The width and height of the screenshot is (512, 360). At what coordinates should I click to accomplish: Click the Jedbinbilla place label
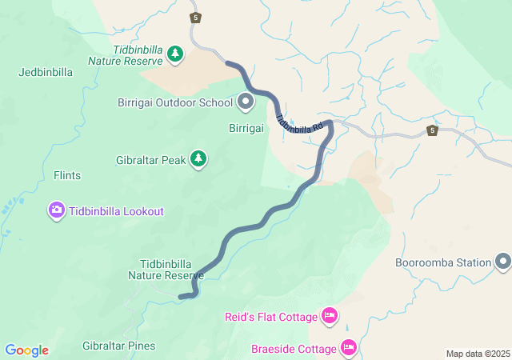[x=46, y=72]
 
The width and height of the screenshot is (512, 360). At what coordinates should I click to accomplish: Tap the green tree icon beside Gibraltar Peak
[x=198, y=160]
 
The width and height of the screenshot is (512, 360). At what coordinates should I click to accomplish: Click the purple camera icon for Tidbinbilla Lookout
[x=57, y=211]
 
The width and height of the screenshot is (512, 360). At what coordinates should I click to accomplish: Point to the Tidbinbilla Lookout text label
[x=116, y=211]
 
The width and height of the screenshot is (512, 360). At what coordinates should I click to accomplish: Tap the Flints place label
[x=67, y=174]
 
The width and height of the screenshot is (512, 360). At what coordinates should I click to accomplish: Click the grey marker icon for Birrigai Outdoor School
[x=246, y=102]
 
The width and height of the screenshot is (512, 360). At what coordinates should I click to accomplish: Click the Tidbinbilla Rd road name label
[x=299, y=123]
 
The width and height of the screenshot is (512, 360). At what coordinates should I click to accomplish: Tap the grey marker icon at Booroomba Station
[x=502, y=262]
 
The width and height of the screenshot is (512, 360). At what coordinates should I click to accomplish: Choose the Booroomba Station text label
[x=442, y=262]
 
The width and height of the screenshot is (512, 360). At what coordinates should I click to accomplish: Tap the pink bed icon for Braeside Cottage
[x=349, y=347]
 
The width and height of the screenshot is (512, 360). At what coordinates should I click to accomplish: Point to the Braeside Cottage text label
[x=294, y=349]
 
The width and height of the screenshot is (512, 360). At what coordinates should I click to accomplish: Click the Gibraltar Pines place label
[x=118, y=346]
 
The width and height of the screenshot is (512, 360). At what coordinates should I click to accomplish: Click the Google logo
[x=26, y=350]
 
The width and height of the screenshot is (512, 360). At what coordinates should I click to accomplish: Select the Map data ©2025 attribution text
[x=477, y=354]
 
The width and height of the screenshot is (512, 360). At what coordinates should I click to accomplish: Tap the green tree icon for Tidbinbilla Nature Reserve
[x=175, y=54]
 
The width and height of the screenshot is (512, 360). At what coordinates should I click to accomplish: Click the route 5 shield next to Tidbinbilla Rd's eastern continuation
[x=432, y=130]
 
